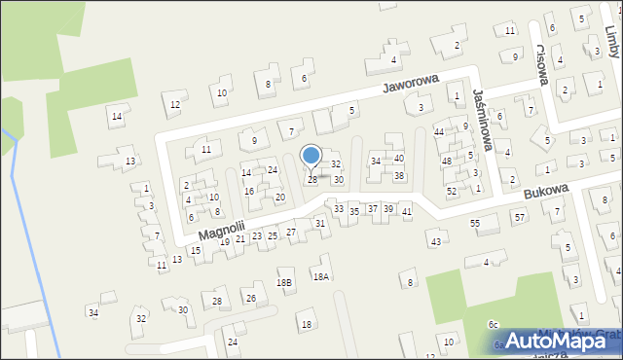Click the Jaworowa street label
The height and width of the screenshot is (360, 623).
(x=411, y=85)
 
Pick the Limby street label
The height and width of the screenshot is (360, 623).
(x=611, y=44)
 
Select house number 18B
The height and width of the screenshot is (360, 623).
(x=283, y=282)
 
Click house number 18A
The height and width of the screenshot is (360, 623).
(x=320, y=276)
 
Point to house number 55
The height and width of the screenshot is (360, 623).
(x=475, y=224)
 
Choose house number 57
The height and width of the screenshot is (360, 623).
(x=519, y=216)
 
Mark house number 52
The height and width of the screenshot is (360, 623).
(x=452, y=191)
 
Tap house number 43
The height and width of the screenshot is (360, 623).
(x=435, y=241)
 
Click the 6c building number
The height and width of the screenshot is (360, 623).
(x=494, y=324)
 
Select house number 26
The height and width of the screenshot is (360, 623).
(x=250, y=298)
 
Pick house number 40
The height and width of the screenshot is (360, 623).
(x=399, y=158)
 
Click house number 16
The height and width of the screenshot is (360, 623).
(x=249, y=191)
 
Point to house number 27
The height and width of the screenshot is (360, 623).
(x=291, y=232)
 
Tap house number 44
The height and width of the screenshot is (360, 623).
(x=439, y=131)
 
